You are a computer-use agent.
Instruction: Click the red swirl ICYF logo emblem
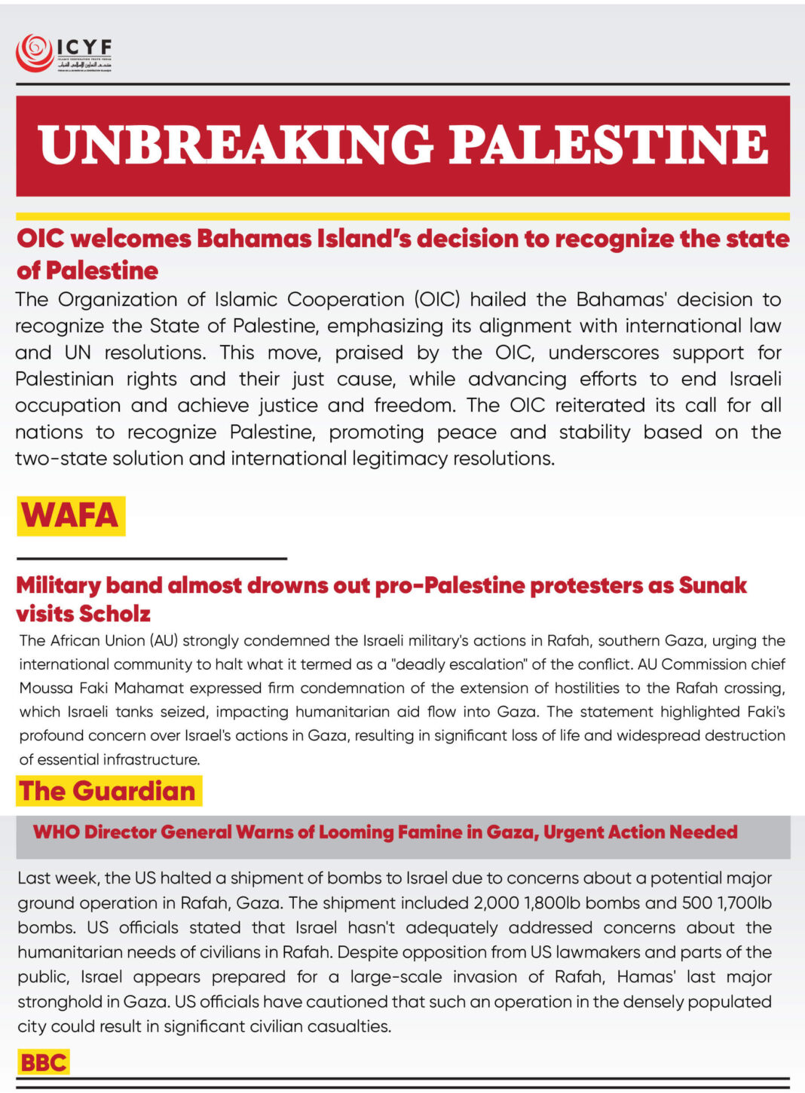(35, 53)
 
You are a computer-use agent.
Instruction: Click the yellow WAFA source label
(70, 516)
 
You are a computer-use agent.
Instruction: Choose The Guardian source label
(108, 791)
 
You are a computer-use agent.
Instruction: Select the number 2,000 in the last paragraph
(497, 902)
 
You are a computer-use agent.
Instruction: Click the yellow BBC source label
(44, 1062)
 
